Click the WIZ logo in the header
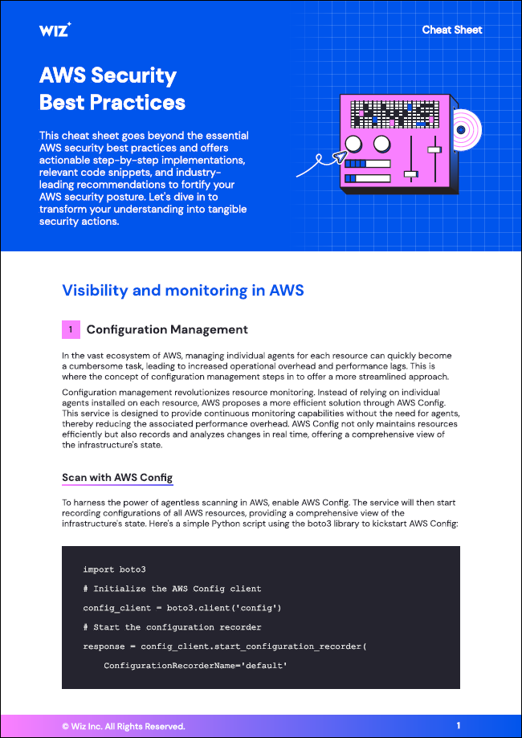click(55, 30)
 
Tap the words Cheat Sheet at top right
click(452, 30)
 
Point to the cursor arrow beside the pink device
click(328, 157)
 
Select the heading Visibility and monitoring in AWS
click(183, 290)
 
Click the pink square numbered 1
click(71, 329)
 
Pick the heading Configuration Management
click(167, 329)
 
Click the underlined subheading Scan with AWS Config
click(117, 478)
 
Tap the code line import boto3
click(114, 569)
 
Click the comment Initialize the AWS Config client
click(177, 589)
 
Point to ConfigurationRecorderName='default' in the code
click(195, 666)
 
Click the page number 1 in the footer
click(459, 726)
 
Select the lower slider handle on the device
click(410, 173)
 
